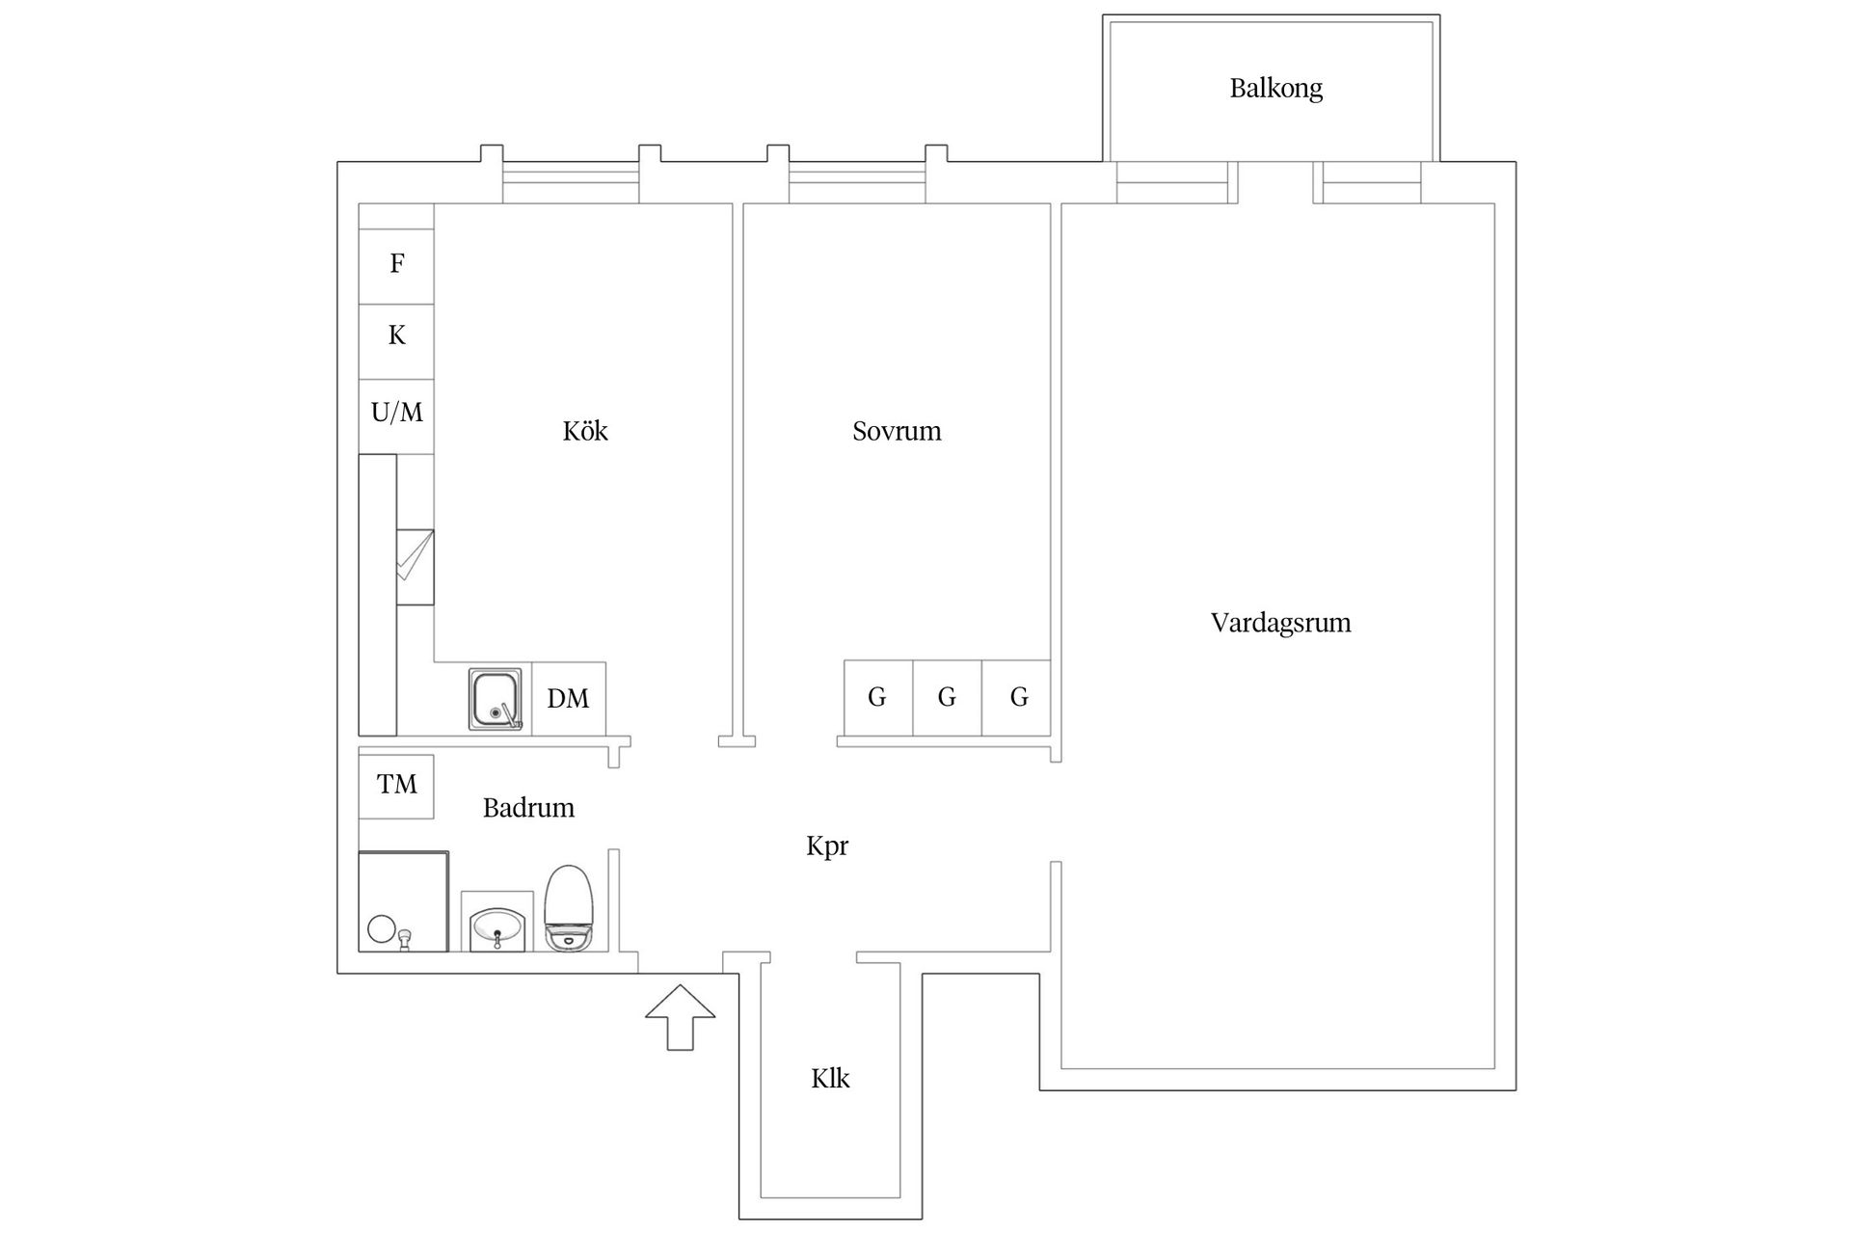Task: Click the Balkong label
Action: click(1275, 89)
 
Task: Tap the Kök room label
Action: click(585, 431)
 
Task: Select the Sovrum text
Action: click(897, 431)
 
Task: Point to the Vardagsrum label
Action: click(1280, 623)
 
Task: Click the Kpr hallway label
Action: click(827, 846)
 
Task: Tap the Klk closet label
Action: click(830, 1078)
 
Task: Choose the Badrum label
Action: click(528, 808)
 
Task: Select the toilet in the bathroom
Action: click(569, 908)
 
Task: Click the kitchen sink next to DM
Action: click(496, 699)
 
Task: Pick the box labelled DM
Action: click(569, 699)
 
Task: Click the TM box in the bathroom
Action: click(396, 786)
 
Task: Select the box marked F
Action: click(396, 263)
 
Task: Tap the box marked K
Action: click(396, 335)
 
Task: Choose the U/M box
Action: click(396, 413)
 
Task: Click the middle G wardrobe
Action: click(947, 697)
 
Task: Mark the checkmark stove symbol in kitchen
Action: click(415, 567)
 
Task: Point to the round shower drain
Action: click(382, 929)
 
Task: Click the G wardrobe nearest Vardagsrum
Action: click(1017, 697)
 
